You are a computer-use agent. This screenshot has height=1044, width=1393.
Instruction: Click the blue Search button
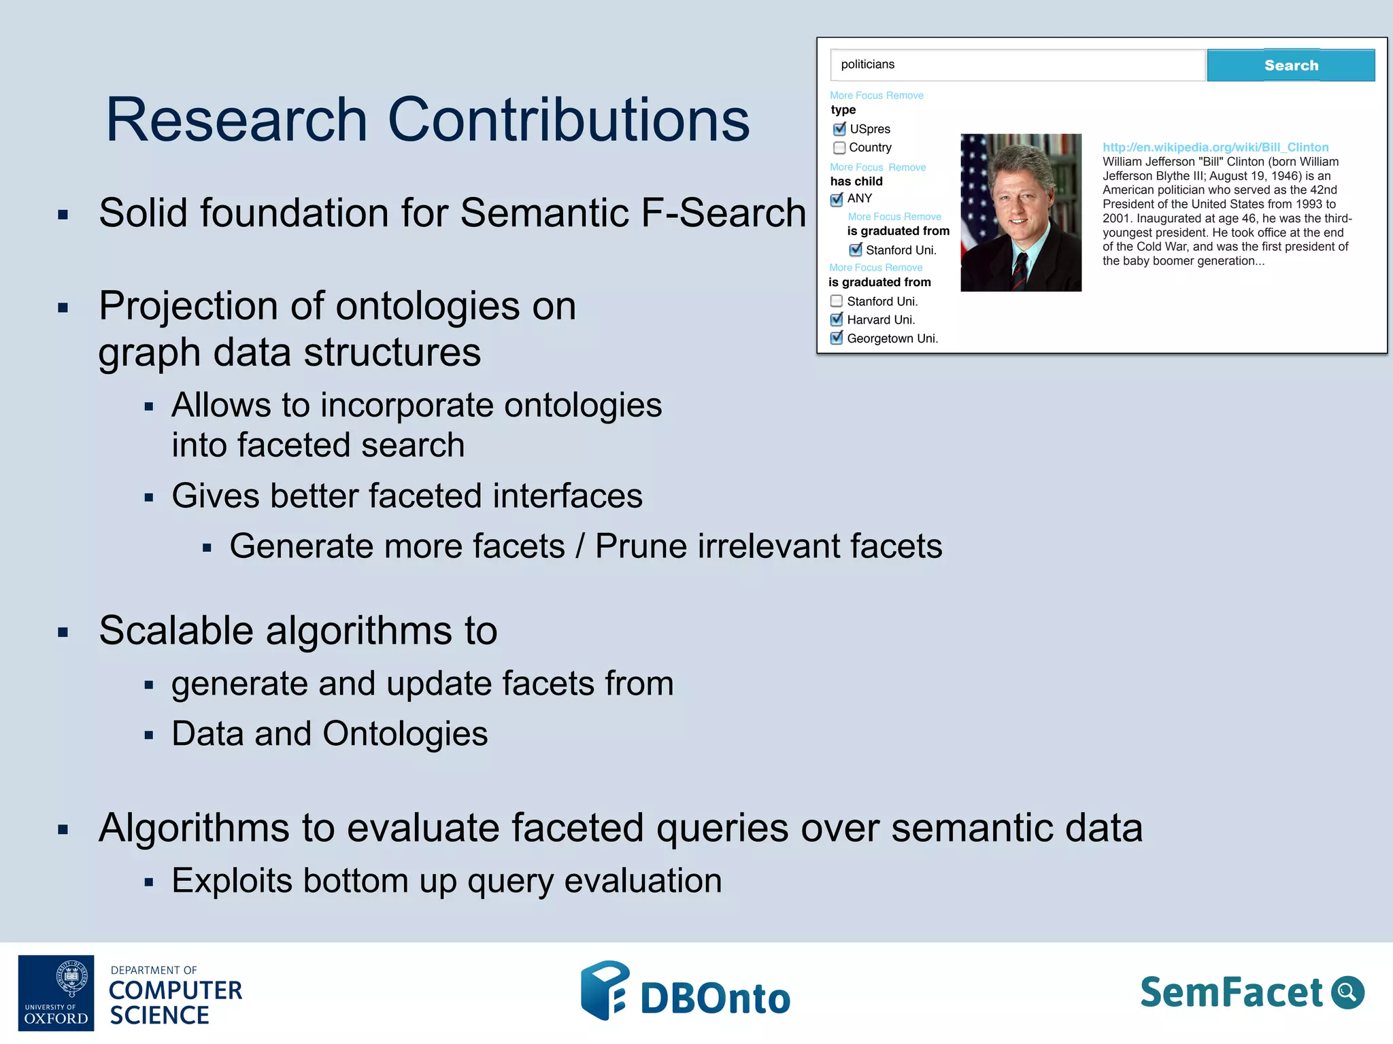[1290, 65]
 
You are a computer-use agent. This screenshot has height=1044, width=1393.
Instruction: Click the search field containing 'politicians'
[1017, 65]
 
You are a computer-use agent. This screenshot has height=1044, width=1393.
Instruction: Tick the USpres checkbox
[839, 129]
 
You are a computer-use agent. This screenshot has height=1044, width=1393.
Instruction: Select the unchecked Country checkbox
[839, 147]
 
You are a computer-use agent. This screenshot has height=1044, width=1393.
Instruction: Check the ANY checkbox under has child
[837, 199]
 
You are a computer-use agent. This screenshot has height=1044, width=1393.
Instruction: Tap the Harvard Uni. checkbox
[837, 319]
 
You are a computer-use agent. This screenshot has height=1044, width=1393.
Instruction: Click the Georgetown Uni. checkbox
[837, 338]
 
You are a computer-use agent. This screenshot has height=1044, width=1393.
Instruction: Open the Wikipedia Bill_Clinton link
[1215, 147]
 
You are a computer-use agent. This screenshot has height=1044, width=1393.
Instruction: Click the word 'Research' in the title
[237, 120]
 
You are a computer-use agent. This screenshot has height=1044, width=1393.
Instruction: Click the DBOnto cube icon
[604, 990]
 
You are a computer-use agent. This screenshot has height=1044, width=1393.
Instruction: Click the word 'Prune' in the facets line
[641, 546]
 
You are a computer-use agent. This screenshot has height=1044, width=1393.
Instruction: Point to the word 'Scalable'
[176, 631]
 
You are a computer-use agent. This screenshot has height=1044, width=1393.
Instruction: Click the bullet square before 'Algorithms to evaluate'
[63, 829]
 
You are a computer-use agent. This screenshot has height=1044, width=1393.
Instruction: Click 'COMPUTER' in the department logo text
[175, 990]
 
